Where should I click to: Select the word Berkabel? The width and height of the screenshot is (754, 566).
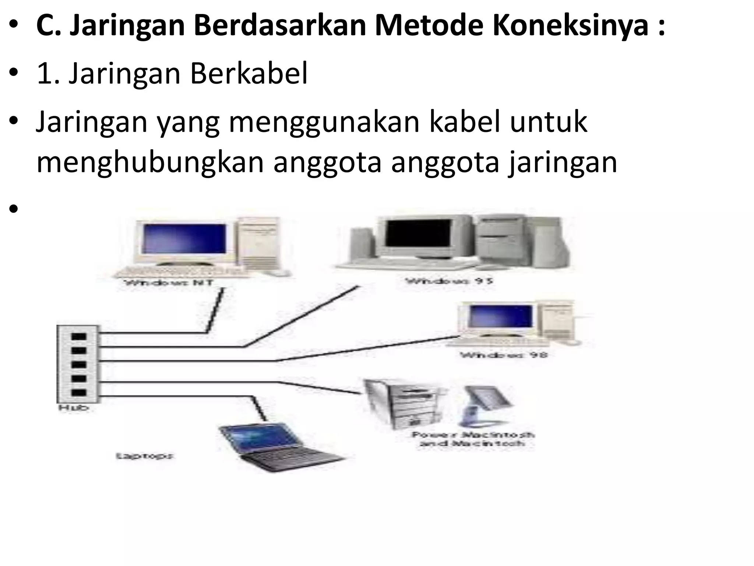pyautogui.click(x=249, y=74)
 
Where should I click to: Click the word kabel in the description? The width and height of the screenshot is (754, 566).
pyautogui.click(x=465, y=122)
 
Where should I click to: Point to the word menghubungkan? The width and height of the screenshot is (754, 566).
pyautogui.click(x=150, y=163)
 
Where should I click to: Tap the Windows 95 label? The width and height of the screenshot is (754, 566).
pyautogui.click(x=449, y=281)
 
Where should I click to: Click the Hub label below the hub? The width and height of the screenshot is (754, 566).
pyautogui.click(x=74, y=408)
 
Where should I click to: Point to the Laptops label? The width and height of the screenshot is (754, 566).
pyautogui.click(x=145, y=456)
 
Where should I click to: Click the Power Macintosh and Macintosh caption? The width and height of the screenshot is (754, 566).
pyautogui.click(x=473, y=439)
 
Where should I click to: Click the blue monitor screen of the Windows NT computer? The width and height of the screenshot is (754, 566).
pyautogui.click(x=184, y=238)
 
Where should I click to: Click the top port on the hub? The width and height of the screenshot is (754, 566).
pyautogui.click(x=78, y=337)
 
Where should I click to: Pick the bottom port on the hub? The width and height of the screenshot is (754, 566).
pyautogui.click(x=78, y=393)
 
